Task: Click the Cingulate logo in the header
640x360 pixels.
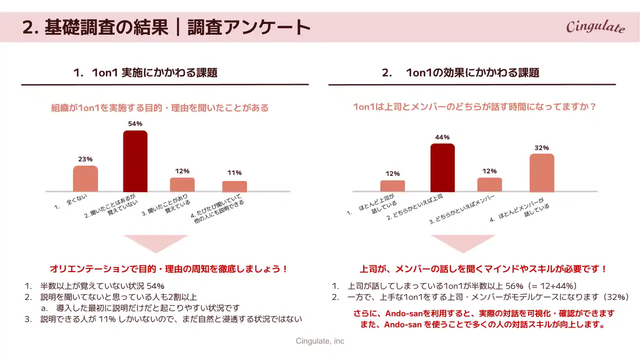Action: pyautogui.click(x=595, y=26)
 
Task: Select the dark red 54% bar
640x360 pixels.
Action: pyautogui.click(x=135, y=161)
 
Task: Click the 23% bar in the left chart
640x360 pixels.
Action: pyautogui.click(x=85, y=178)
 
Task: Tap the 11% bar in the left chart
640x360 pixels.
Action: pyautogui.click(x=234, y=186)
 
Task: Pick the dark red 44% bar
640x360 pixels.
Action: pyautogui.click(x=442, y=167)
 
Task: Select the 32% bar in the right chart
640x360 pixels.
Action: pyautogui.click(x=542, y=172)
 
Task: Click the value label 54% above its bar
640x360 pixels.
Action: pyautogui.click(x=135, y=123)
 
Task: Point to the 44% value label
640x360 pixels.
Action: pyautogui.click(x=442, y=137)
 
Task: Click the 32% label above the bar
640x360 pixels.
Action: pyautogui.click(x=542, y=147)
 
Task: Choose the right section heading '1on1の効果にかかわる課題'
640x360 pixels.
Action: pyautogui.click(x=472, y=72)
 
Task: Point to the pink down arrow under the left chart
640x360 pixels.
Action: pyautogui.click(x=155, y=243)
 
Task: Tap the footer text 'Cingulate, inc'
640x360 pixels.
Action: pyautogui.click(x=320, y=341)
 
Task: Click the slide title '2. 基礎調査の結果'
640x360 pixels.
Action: pyautogui.click(x=95, y=27)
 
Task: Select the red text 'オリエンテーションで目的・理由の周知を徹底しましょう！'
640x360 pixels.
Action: pyautogui.click(x=169, y=269)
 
